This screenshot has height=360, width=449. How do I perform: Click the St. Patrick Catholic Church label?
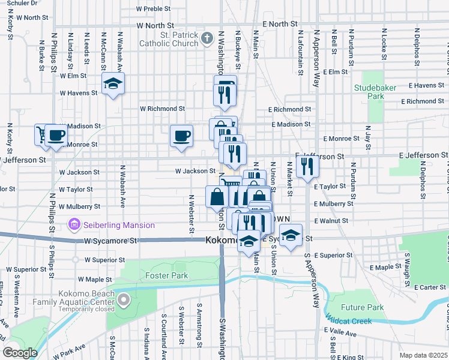pyautogui.click(x=169, y=39)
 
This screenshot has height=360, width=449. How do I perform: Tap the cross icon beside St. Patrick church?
pyautogui.click(x=207, y=39)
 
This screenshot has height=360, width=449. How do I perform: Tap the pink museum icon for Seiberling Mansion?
pyautogui.click(x=74, y=225)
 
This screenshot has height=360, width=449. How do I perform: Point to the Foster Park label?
pyautogui.click(x=167, y=276)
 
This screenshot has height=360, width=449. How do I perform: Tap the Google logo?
pyautogui.click(x=20, y=353)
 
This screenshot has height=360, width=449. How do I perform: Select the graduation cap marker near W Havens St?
pyautogui.click(x=112, y=84)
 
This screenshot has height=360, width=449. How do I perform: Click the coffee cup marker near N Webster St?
pyautogui.click(x=181, y=135)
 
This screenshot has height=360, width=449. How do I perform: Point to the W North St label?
pyautogui.click(x=155, y=26)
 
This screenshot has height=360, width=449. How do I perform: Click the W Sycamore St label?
pyautogui.click(x=110, y=241)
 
